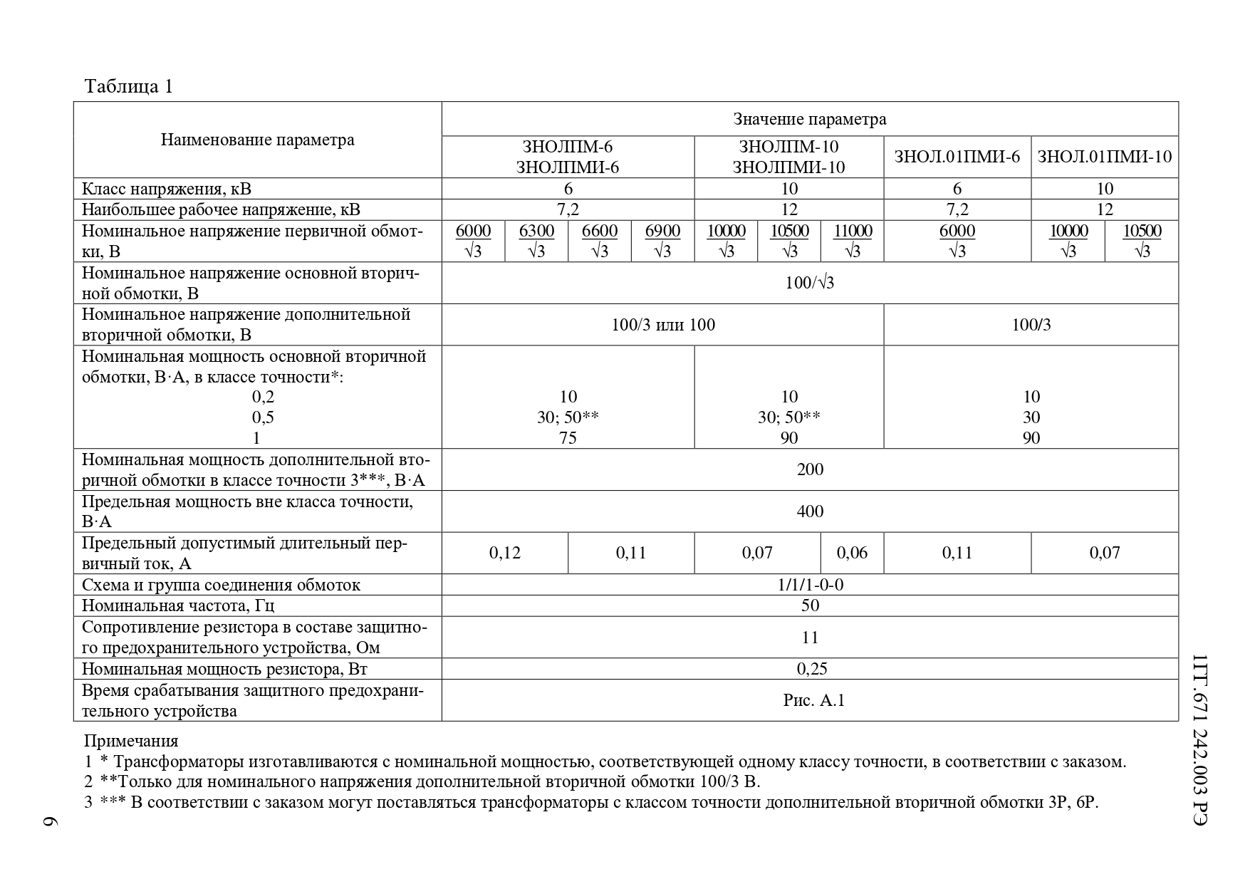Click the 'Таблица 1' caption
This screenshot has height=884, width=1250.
(x=129, y=87)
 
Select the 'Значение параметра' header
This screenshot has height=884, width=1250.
(x=810, y=119)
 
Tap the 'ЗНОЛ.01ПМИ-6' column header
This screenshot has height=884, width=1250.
(x=957, y=157)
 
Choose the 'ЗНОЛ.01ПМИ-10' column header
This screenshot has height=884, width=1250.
(x=1104, y=157)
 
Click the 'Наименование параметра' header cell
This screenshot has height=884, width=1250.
(x=257, y=140)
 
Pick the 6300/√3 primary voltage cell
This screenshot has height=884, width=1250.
(x=536, y=241)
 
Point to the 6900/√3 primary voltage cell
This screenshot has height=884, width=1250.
(x=662, y=241)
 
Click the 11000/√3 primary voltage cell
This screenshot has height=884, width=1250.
(x=852, y=241)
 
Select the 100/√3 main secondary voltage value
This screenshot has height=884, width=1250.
(x=810, y=283)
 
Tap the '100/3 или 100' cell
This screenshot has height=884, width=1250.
(x=663, y=325)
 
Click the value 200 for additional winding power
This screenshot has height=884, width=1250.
(x=810, y=469)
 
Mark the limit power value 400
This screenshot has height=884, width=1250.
(x=810, y=511)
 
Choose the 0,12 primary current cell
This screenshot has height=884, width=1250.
(x=504, y=553)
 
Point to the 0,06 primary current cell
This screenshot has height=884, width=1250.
(x=852, y=553)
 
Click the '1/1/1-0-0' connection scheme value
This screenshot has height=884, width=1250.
(x=810, y=585)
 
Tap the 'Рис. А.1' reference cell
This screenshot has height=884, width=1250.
(x=813, y=700)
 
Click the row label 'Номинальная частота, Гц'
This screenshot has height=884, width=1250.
(x=178, y=606)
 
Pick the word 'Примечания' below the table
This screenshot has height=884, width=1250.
(x=131, y=741)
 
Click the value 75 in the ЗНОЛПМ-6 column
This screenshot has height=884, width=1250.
(x=568, y=437)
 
